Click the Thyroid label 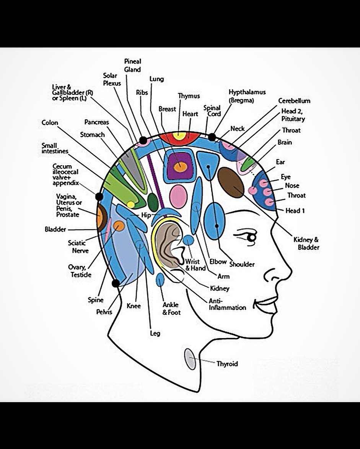[227, 364]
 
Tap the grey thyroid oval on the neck [190, 359]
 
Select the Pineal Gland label [133, 65]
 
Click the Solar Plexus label [112, 79]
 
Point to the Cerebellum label [294, 101]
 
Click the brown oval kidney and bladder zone [231, 182]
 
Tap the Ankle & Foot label [171, 309]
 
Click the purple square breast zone [179, 166]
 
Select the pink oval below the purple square [178, 197]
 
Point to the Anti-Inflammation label [227, 304]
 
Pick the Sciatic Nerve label [78, 247]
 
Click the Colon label [50, 123]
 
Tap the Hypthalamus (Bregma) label [247, 96]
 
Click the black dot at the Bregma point [212, 137]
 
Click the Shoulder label [242, 264]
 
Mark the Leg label [155, 333]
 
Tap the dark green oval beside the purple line [153, 202]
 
